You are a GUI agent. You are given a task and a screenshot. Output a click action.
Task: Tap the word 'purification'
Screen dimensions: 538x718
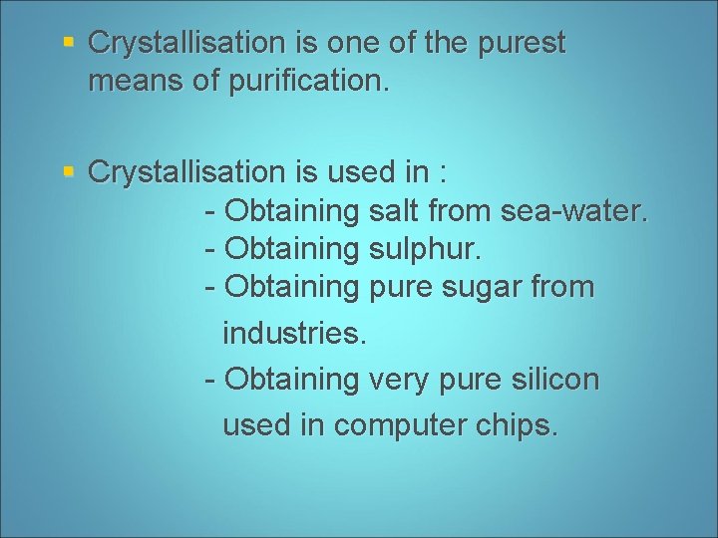pyautogui.click(x=305, y=82)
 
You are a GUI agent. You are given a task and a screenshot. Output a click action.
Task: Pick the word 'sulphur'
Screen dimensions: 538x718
pyautogui.click(x=430, y=249)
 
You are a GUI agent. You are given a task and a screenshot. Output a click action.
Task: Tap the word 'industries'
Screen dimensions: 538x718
pyautogui.click(x=293, y=334)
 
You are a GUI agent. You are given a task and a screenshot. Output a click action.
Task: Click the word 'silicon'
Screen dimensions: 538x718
pyautogui.click(x=552, y=380)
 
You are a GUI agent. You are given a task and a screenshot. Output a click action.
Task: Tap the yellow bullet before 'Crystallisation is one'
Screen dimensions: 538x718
pyautogui.click(x=68, y=43)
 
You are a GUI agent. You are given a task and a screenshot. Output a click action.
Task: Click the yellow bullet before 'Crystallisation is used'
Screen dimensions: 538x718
pyautogui.click(x=68, y=171)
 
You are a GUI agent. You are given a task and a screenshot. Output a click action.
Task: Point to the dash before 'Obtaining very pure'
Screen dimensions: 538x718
pyautogui.click(x=209, y=380)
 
